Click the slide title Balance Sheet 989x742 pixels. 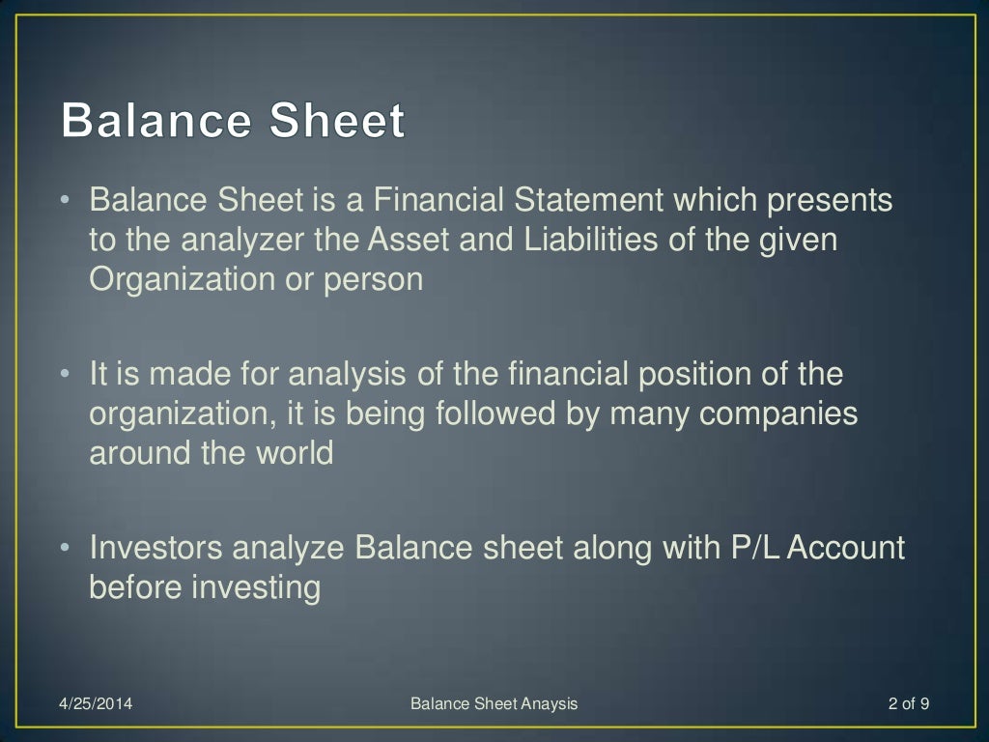233,123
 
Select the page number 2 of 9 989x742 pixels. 908,703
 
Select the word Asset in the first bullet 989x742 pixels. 409,240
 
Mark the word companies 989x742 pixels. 778,413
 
